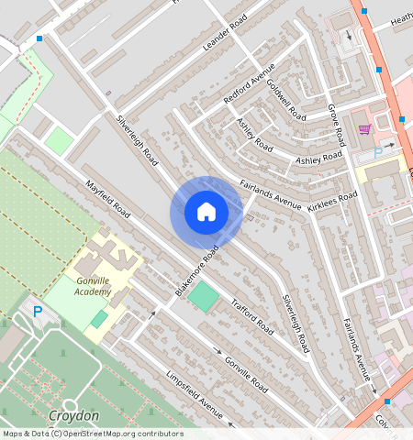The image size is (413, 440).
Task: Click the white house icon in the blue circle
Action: pos(206,212)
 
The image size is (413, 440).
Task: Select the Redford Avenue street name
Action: pos(250,85)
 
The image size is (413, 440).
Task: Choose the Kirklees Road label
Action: pos(332,201)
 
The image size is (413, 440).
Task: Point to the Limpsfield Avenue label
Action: pos(195,394)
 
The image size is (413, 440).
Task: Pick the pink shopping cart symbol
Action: pos(364,129)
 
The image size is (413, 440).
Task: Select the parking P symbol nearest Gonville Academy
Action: pos(38,312)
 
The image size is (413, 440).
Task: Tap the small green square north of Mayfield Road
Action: pos(60,141)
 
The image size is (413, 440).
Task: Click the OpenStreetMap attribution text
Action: pos(92,434)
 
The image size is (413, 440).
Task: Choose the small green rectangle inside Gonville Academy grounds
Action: pos(98,319)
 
